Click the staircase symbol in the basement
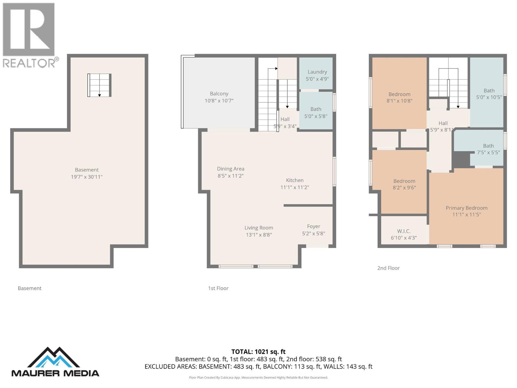(x=100, y=85)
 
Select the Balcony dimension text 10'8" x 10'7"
(x=219, y=101)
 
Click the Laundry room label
(x=317, y=72)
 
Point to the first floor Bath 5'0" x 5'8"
(x=316, y=113)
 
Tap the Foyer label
(x=313, y=226)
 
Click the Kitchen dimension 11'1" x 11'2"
(x=294, y=187)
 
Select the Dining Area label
(x=230, y=169)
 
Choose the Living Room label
(x=258, y=228)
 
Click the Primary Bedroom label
(x=466, y=208)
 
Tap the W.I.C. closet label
(x=404, y=231)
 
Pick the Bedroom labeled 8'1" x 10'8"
(x=399, y=97)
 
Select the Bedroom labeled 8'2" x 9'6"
(x=404, y=184)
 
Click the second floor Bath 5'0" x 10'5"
(x=489, y=94)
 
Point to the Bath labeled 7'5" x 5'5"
(x=488, y=149)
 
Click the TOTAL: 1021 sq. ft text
(x=258, y=352)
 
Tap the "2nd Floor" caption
(x=388, y=268)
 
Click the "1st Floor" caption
(x=218, y=288)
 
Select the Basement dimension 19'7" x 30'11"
(x=87, y=177)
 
